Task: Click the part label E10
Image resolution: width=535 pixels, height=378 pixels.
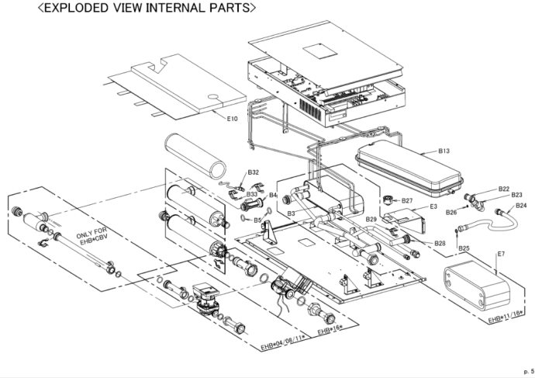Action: click(x=232, y=119)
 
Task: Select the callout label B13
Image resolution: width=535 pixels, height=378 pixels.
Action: click(x=444, y=151)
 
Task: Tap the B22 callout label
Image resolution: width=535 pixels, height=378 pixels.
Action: click(x=504, y=189)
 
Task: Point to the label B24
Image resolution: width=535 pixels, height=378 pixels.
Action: click(x=521, y=206)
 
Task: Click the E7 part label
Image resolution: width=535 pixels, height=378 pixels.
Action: click(x=501, y=255)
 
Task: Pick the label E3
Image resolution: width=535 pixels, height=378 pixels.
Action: click(x=433, y=206)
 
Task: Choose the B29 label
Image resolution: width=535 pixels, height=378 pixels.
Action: click(x=371, y=220)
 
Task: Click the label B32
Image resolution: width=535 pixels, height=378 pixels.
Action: click(x=253, y=172)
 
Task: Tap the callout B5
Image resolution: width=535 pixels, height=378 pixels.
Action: click(x=257, y=220)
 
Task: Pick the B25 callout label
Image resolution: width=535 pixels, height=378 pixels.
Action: click(x=464, y=248)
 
